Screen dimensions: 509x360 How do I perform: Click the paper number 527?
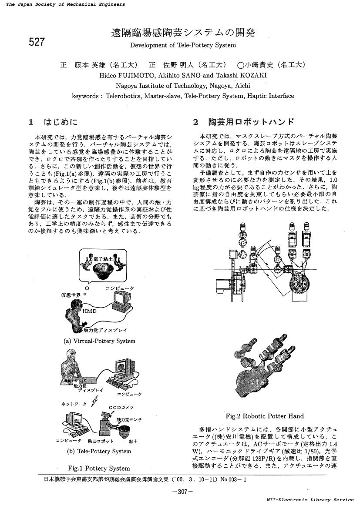click(x=37, y=42)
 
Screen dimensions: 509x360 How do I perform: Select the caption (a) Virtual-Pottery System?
click(x=100, y=341)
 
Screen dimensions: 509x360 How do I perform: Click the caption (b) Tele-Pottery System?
click(x=98, y=451)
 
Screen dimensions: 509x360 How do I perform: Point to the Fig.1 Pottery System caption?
click(x=99, y=468)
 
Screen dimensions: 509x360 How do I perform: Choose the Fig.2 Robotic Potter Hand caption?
click(x=265, y=416)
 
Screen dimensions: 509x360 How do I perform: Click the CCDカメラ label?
click(x=118, y=408)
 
